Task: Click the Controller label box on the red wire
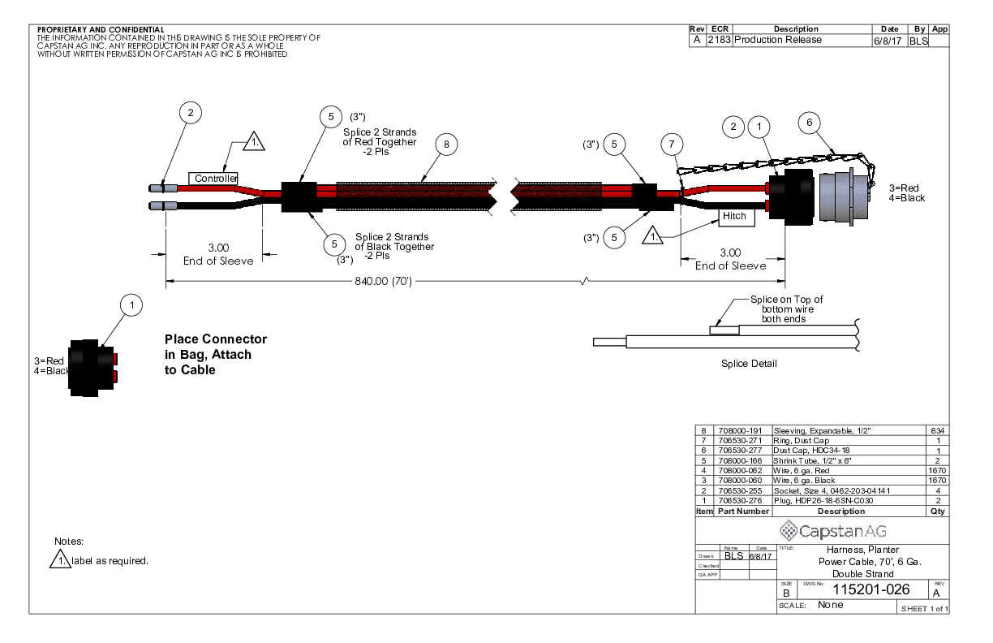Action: pyautogui.click(x=214, y=179)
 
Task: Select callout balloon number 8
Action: pyautogui.click(x=445, y=145)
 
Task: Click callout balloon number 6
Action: pyautogui.click(x=809, y=123)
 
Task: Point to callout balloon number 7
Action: pyautogui.click(x=671, y=145)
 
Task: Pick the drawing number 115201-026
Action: pyautogui.click(x=861, y=589)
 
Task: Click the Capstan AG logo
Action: pyautogui.click(x=833, y=532)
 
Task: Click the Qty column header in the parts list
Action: pyautogui.click(x=937, y=511)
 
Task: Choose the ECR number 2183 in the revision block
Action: pyautogui.click(x=719, y=40)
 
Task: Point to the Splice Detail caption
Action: pyautogui.click(x=749, y=364)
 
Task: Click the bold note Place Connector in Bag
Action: pyautogui.click(x=215, y=354)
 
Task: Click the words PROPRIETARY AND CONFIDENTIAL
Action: pyautogui.click(x=101, y=30)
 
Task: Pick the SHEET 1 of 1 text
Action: pyautogui.click(x=923, y=609)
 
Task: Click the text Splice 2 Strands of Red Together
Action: pyautogui.click(x=380, y=142)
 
